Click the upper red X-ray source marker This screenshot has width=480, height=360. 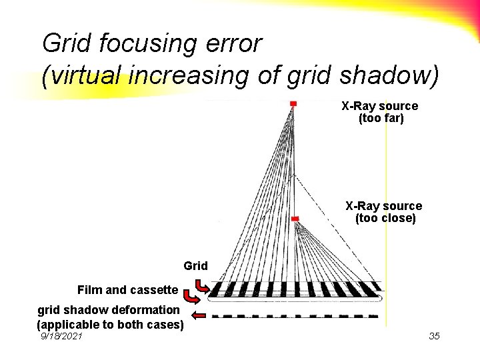(x=293, y=103)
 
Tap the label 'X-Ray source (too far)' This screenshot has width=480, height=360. (x=380, y=113)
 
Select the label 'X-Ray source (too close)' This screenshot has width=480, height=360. (x=383, y=212)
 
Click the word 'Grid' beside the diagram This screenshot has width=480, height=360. (x=195, y=266)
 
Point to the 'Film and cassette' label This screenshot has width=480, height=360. (x=127, y=290)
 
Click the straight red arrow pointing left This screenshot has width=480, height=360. (x=199, y=316)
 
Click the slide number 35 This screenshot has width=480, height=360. (x=434, y=336)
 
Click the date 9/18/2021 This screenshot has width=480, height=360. (x=61, y=337)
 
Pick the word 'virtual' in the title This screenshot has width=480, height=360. (x=82, y=76)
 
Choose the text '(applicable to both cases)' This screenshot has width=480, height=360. (x=110, y=325)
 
